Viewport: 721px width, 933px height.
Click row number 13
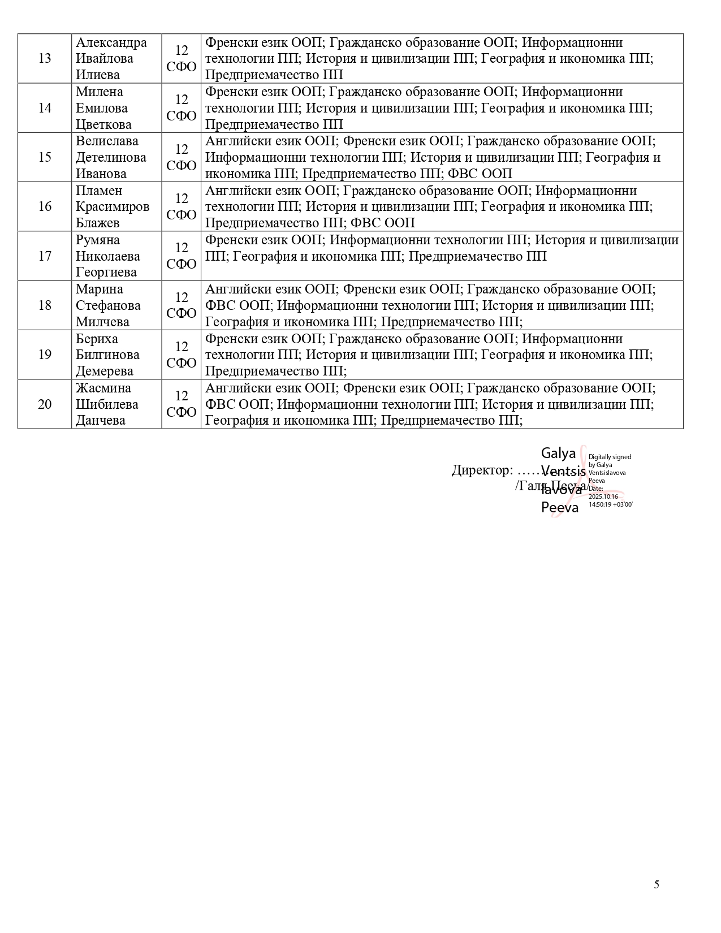coord(45,59)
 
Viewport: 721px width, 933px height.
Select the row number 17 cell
coord(45,256)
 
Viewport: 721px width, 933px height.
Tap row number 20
coord(45,404)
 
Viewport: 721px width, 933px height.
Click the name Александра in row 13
coord(111,43)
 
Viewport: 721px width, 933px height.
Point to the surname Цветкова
coord(103,124)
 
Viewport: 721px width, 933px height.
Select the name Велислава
coord(107,141)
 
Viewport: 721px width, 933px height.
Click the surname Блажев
coord(98,223)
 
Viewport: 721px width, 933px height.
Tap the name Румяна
coord(98,240)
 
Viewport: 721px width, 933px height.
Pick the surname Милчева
coord(102,322)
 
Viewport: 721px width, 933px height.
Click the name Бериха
coord(97,339)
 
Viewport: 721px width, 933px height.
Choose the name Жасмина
coord(103,388)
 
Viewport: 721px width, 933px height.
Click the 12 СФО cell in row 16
coord(182,206)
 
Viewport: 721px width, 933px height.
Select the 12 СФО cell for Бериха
coord(182,355)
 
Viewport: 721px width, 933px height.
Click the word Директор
coord(482,470)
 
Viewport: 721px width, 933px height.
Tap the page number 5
coord(657,885)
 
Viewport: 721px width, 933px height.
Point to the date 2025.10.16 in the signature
coord(603,496)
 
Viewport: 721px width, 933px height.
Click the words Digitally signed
coord(610,457)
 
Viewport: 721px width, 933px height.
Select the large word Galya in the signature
coord(558,453)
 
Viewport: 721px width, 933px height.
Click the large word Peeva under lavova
coord(560,508)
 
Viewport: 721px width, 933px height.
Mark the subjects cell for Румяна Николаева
coord(442,256)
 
